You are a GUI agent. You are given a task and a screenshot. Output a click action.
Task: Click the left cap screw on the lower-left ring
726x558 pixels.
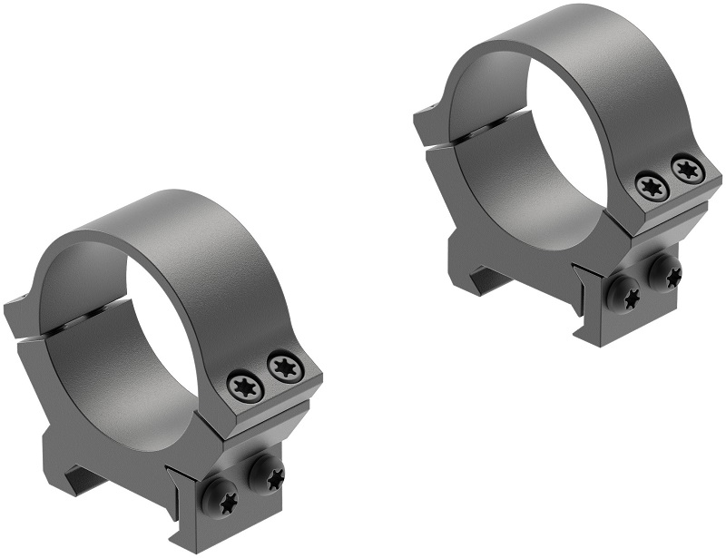[245, 387]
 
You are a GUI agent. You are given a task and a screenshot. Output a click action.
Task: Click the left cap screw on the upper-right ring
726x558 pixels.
[652, 188]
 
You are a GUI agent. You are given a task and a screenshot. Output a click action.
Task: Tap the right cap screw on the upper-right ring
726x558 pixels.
[686, 169]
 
